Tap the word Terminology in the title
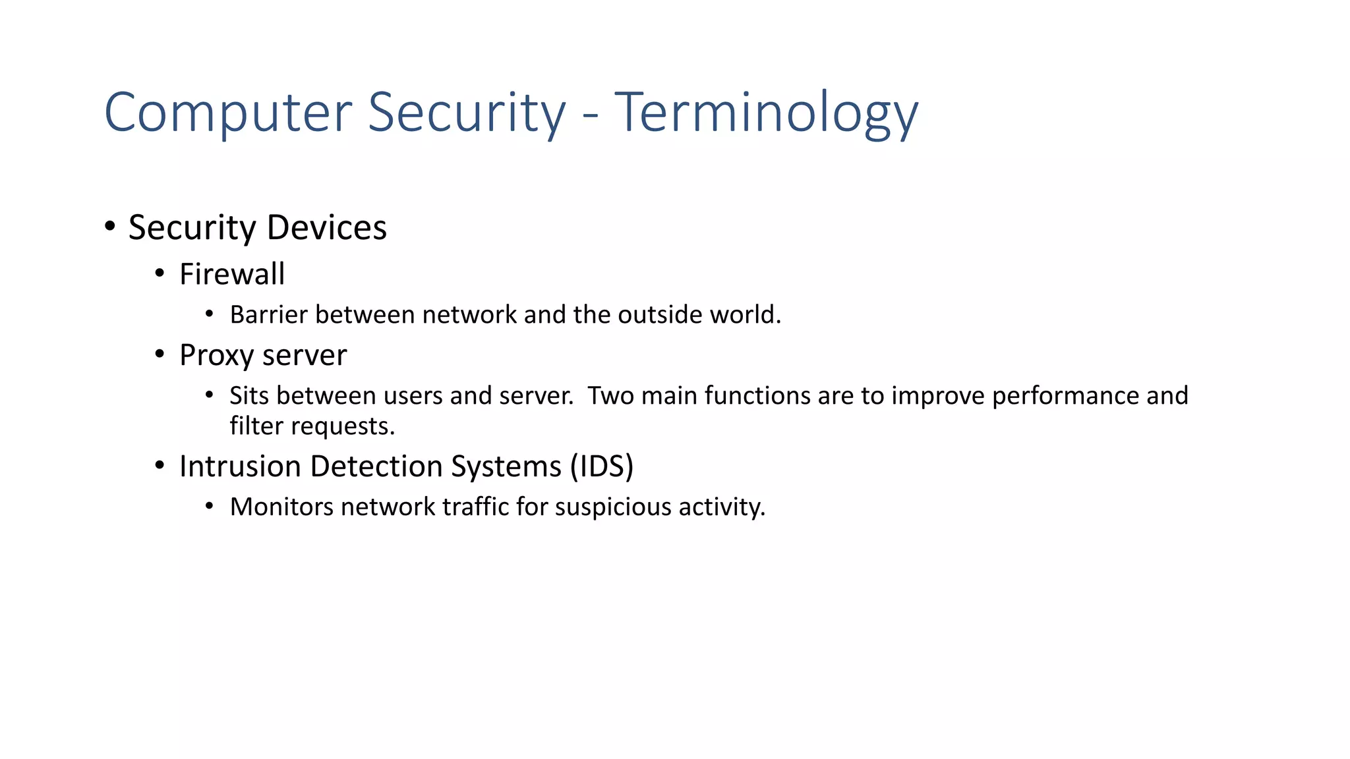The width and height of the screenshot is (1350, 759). coord(766,113)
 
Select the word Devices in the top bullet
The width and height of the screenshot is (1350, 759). coord(326,228)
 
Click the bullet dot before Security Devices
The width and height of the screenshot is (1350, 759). coord(110,227)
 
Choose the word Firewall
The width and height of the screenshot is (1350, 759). coord(232,274)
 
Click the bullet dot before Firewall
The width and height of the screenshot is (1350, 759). coord(160,273)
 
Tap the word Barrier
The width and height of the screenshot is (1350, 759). coord(269,315)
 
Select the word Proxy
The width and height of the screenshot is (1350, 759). coord(217,356)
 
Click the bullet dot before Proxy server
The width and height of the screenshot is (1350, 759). coord(160,354)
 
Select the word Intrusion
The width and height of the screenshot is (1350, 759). coord(241,466)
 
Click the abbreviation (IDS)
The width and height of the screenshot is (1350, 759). coord(601,466)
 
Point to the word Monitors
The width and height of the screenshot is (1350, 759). coord(281,507)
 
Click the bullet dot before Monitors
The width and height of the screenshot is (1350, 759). coord(210,507)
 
